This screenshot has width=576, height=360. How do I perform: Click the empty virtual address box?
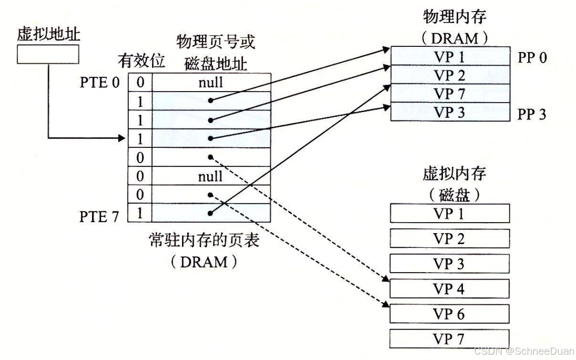(48, 54)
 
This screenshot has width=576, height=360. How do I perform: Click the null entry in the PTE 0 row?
(210, 83)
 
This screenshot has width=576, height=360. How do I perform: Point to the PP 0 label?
(532, 57)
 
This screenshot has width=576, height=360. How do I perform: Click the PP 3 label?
(532, 113)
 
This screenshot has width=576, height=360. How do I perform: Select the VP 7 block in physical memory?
(450, 94)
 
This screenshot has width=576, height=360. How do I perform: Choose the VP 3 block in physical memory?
(450, 112)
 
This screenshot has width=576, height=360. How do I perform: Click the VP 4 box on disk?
(450, 288)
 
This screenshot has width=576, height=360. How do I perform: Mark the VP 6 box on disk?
(450, 314)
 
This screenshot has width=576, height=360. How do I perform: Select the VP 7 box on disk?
(450, 339)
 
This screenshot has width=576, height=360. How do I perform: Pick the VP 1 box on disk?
(450, 214)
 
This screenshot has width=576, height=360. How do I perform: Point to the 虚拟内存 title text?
(450, 174)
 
